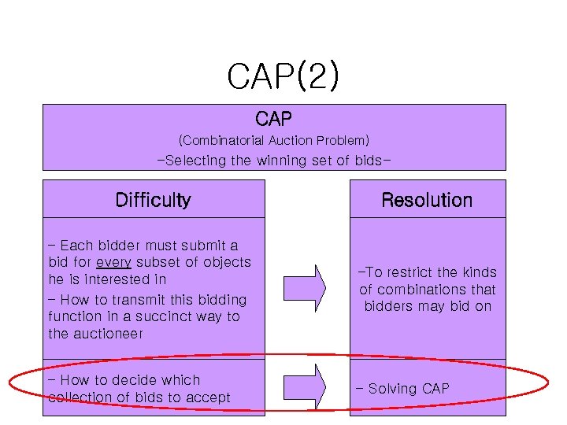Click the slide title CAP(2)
pyautogui.click(x=283, y=76)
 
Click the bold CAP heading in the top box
pyautogui.click(x=274, y=120)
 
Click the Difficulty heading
pyautogui.click(x=153, y=200)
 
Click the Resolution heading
pyautogui.click(x=427, y=200)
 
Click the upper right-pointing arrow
pyautogui.click(x=304, y=287)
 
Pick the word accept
pyautogui.click(x=208, y=397)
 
